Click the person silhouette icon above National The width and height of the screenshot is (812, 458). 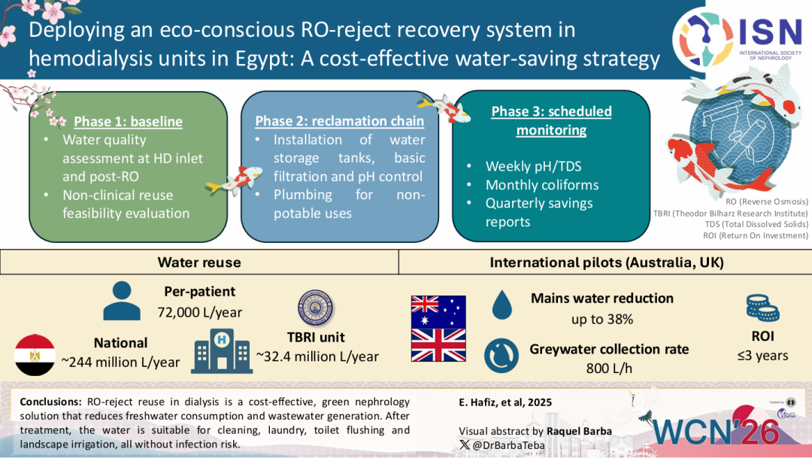(x=122, y=301)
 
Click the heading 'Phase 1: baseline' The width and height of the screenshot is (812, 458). (x=128, y=121)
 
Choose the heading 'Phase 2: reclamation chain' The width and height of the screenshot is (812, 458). (x=340, y=121)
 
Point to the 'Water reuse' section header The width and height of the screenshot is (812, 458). (x=199, y=262)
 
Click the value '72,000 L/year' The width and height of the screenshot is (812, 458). (x=199, y=311)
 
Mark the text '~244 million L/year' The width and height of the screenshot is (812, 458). (x=120, y=362)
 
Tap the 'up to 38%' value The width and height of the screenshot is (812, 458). (x=602, y=319)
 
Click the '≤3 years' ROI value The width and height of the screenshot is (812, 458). (x=762, y=355)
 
